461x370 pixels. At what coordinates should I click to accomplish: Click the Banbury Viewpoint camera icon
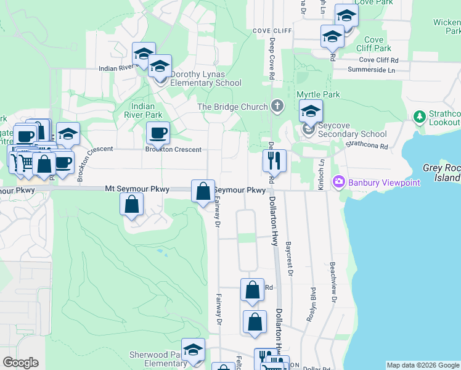pos(338,182)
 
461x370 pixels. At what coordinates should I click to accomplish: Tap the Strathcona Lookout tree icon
pos(420,116)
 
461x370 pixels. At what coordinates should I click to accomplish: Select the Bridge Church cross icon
pos(277,107)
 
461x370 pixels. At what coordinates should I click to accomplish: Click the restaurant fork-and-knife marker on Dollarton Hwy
pos(274,160)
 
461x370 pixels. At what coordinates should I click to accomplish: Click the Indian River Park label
pos(143,110)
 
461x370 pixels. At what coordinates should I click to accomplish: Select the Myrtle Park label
pos(318,94)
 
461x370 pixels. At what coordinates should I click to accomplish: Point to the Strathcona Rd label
pos(366,146)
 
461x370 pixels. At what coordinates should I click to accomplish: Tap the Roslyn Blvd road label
pos(311,305)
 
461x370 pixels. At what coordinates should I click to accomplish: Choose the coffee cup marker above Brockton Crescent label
pos(158,132)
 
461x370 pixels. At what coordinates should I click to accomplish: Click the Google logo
pos(20,363)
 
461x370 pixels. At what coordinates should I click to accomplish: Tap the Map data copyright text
pos(423,365)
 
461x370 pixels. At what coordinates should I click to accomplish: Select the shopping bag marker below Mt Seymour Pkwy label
pos(132,205)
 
